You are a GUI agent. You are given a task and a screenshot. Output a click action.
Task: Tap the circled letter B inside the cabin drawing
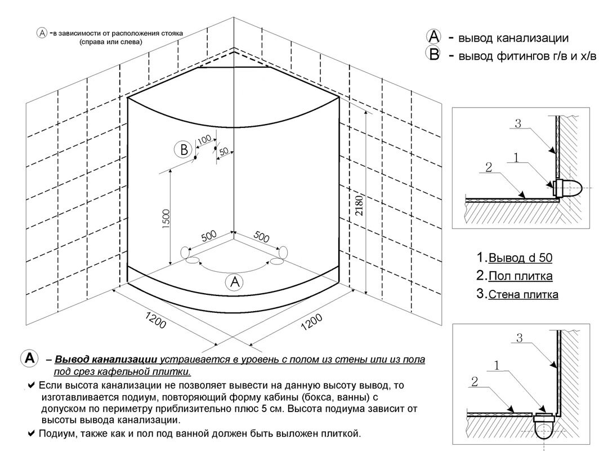182,150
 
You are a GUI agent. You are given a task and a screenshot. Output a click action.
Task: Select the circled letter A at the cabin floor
234,282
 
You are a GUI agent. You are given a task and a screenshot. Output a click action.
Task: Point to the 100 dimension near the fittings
204,139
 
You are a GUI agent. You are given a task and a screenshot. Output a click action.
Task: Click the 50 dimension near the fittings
223,152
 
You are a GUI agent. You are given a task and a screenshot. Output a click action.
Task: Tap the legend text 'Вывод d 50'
520,258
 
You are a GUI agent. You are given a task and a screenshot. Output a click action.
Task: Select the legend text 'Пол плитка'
520,276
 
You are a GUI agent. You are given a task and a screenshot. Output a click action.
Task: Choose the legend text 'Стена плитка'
523,294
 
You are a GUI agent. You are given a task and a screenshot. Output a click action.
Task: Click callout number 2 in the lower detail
474,382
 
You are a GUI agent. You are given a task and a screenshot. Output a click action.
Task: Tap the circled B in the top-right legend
434,55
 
